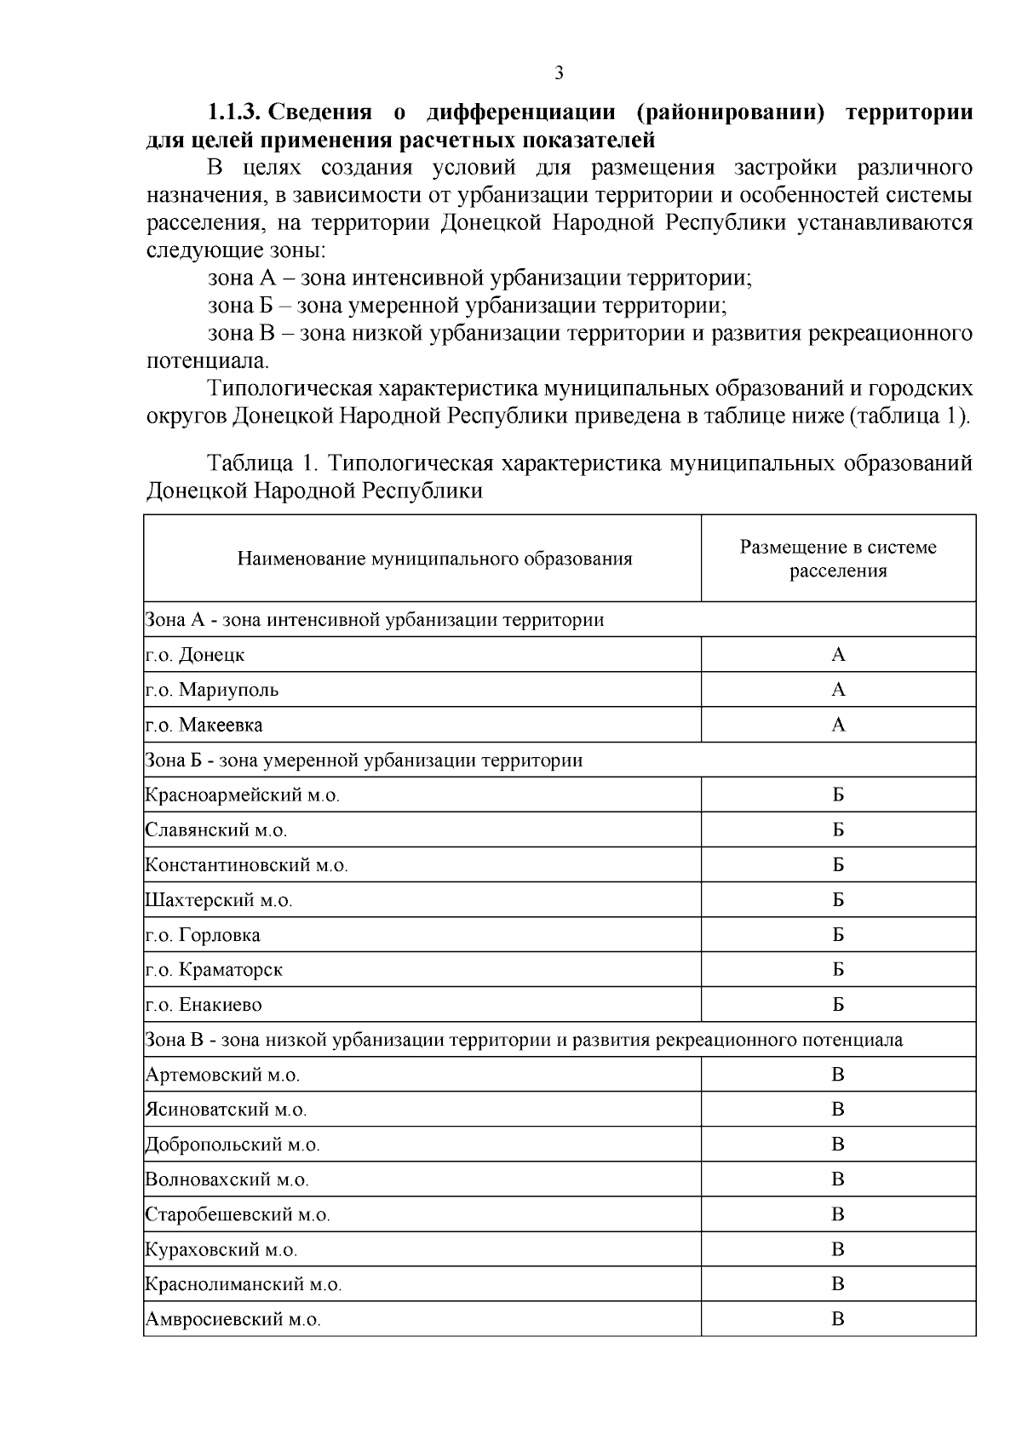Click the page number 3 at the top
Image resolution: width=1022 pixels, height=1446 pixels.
tap(559, 73)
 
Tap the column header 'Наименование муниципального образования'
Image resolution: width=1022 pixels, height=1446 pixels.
tap(434, 559)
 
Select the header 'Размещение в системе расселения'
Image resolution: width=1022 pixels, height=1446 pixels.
tap(838, 559)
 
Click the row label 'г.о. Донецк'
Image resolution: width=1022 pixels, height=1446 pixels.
tap(195, 655)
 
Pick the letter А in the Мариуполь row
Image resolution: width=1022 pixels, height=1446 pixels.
tap(838, 690)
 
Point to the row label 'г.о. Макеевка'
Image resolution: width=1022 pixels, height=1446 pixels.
tap(204, 725)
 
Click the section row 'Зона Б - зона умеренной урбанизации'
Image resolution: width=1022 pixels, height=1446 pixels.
tap(365, 760)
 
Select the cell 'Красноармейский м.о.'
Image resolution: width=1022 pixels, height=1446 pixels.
tap(243, 795)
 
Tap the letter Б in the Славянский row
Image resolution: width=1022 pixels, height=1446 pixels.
tap(838, 830)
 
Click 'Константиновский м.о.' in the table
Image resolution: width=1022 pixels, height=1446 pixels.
tap(247, 865)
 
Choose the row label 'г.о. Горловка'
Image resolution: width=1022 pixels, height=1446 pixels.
tap(203, 935)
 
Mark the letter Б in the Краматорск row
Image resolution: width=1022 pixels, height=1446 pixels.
tap(838, 970)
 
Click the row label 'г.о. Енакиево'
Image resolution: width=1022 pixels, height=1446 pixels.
tap(204, 1005)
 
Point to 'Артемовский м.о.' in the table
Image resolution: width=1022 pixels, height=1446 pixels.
tap(222, 1075)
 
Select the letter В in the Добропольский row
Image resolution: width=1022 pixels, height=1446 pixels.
tap(838, 1145)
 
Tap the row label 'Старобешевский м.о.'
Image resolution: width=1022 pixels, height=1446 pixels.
tap(238, 1214)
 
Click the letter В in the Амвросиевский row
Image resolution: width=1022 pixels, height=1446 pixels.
tap(838, 1319)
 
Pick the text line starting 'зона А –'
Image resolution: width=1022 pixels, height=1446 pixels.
tap(479, 278)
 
